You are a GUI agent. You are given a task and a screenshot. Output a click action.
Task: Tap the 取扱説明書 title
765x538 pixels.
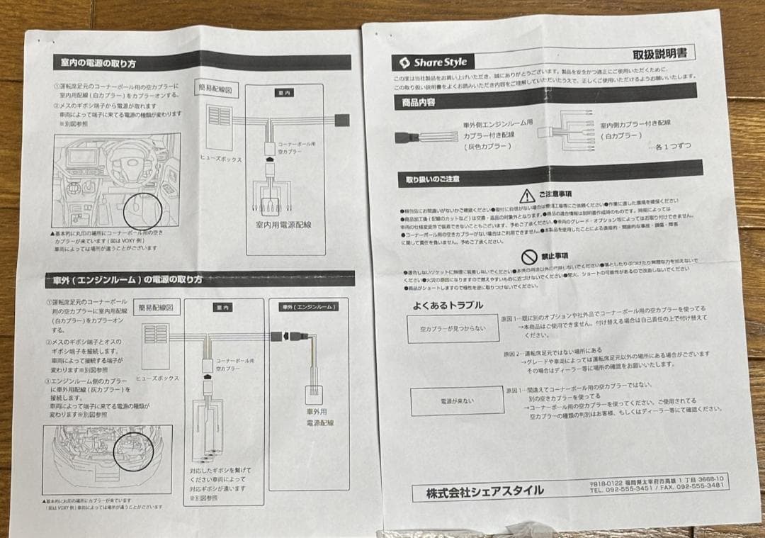coord(662,54)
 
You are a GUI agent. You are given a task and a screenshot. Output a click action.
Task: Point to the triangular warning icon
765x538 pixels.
coord(526,196)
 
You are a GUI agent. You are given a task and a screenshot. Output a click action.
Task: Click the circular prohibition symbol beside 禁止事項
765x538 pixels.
coord(529,257)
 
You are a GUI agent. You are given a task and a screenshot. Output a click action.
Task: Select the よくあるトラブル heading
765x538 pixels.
coord(448,306)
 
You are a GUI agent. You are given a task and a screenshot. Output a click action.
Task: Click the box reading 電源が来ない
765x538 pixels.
coord(457,401)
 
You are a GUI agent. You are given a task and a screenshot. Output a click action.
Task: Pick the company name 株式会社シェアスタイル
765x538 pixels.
coord(485,491)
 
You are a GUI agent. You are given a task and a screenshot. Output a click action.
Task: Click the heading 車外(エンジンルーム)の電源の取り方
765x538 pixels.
coord(123,279)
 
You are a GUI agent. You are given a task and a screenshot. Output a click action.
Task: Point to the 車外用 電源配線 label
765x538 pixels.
coord(319,417)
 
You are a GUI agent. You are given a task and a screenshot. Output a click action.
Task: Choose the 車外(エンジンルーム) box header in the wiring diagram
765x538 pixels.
coord(308,307)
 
